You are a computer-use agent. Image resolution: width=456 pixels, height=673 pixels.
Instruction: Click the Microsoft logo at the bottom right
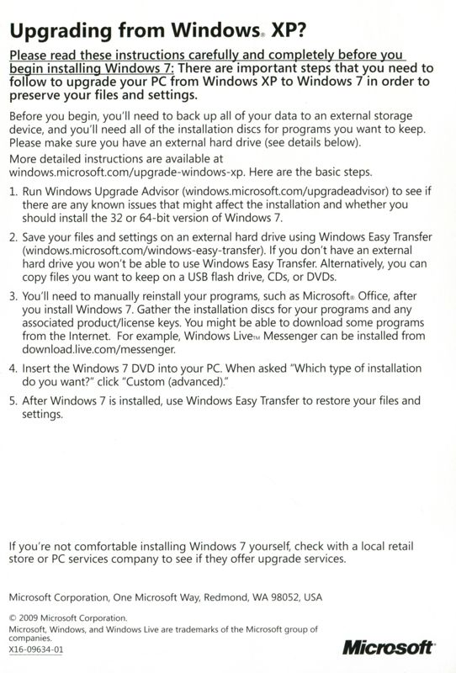coord(389,647)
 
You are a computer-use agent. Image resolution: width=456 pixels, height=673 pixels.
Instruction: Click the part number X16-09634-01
coord(35,649)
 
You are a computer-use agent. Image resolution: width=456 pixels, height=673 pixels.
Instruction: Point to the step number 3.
coord(13,298)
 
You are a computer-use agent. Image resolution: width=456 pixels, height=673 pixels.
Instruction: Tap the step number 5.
coord(13,401)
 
